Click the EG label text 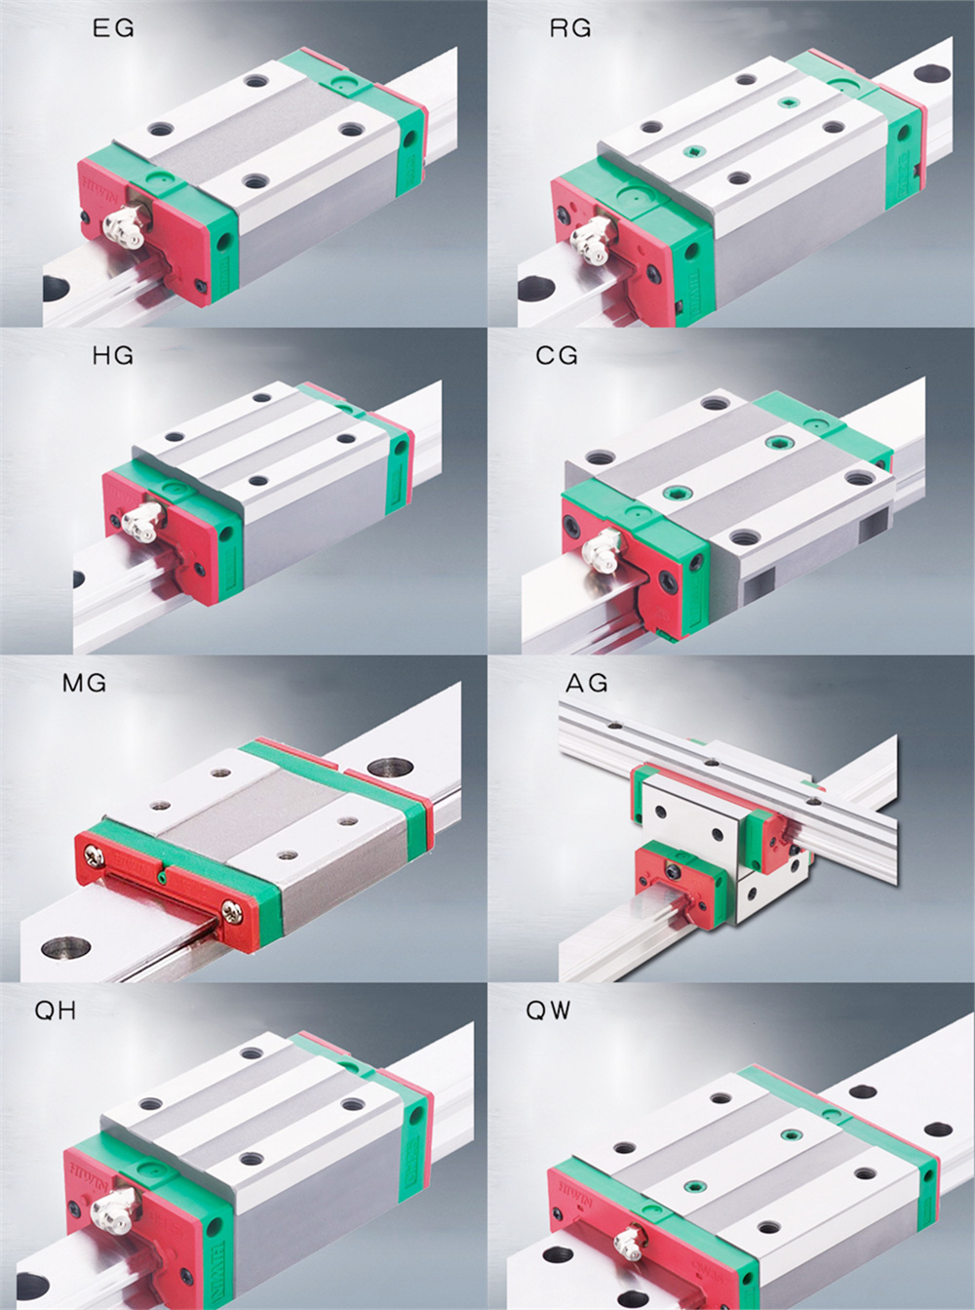113,29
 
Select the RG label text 570,29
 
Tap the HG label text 113,356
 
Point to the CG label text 557,356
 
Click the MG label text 84,683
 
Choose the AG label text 587,683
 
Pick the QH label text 56,1011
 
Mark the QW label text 548,1011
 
